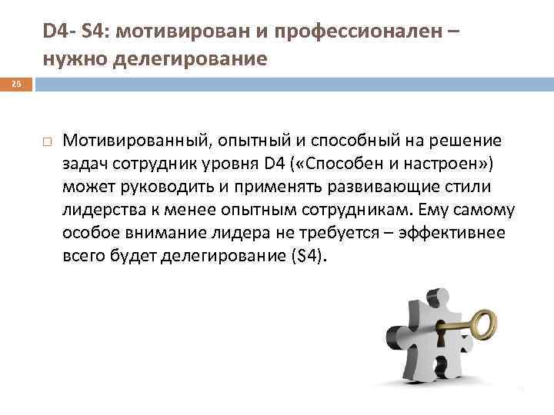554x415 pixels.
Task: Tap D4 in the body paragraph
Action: (274, 163)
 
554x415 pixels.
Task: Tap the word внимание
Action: (155, 233)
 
